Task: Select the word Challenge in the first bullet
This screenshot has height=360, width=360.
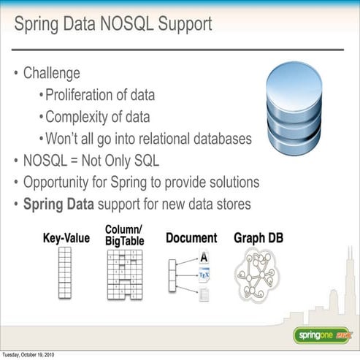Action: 51,73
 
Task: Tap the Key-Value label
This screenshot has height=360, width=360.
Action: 66,238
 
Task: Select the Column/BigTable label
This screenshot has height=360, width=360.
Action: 125,234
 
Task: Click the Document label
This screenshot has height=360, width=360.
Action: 191,238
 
